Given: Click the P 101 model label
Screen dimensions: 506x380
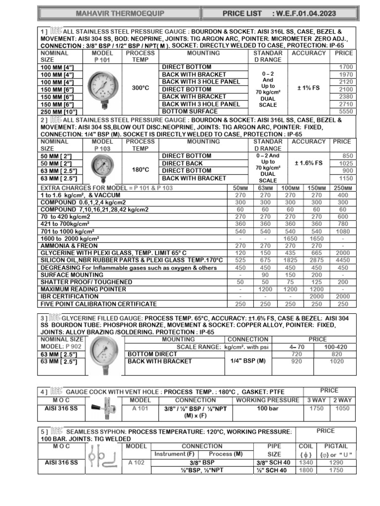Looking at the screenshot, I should tap(102, 60).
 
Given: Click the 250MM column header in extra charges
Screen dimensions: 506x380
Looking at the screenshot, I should tap(342, 188).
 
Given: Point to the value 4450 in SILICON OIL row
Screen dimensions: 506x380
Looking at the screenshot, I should tap(342, 260).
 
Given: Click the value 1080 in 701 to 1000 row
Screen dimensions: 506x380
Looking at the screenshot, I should tap(342, 231).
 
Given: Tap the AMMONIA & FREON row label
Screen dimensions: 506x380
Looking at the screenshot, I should tap(69, 246).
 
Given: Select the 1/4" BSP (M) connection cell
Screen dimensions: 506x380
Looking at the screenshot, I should tap(248, 361).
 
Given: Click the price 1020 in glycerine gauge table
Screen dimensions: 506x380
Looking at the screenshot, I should tap(336, 361).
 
